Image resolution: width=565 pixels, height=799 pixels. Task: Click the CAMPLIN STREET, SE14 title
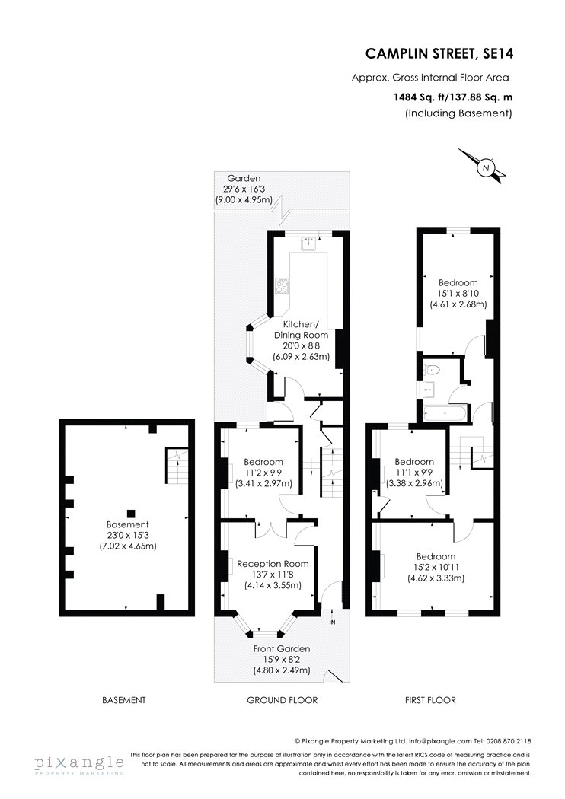click(439, 53)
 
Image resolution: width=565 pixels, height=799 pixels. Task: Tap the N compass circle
click(486, 167)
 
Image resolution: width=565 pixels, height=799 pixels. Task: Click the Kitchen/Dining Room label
click(301, 329)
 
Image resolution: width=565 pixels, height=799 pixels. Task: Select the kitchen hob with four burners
click(282, 285)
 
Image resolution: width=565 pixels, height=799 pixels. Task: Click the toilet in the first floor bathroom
click(432, 369)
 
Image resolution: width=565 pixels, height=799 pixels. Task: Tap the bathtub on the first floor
click(445, 413)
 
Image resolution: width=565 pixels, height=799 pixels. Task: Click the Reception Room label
click(273, 564)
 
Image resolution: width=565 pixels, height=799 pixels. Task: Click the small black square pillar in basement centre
click(131, 513)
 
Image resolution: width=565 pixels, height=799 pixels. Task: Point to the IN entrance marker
click(333, 622)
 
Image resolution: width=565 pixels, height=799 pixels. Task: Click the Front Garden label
click(282, 648)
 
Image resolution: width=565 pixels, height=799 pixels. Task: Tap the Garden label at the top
click(244, 178)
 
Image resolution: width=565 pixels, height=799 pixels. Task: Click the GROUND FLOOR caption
click(282, 700)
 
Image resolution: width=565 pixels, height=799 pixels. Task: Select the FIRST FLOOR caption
click(430, 700)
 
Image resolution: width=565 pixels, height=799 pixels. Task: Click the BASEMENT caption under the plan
click(124, 700)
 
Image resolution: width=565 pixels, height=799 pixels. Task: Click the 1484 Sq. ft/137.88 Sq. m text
click(453, 97)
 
